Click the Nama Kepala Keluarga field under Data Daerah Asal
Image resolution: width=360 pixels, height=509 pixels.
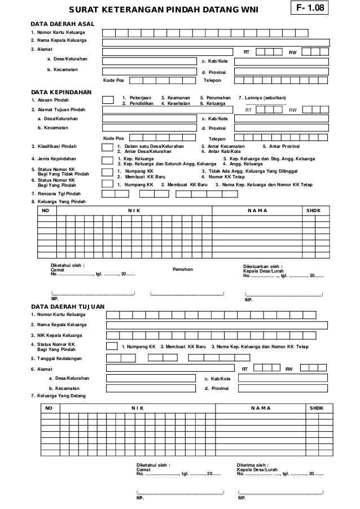tap(216, 42)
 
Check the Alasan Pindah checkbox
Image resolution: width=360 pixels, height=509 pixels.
tap(108, 100)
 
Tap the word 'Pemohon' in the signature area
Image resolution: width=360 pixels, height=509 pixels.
tap(182, 269)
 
